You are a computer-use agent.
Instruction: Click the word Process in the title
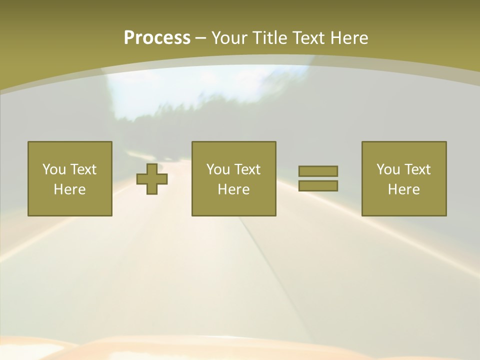click(x=157, y=38)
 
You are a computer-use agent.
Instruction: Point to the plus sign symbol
click(x=152, y=178)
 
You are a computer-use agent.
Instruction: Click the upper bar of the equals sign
click(x=318, y=171)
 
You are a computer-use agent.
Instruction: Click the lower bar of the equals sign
click(x=318, y=185)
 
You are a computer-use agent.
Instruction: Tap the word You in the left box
click(x=54, y=169)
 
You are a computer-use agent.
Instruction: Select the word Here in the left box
click(x=69, y=189)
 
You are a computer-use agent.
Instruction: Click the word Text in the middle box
click(x=247, y=169)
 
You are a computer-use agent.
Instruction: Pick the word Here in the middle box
click(x=233, y=189)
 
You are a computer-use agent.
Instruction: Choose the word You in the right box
click(x=388, y=169)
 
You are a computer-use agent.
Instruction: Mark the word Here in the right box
click(x=403, y=189)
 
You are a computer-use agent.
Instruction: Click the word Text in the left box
click(x=83, y=169)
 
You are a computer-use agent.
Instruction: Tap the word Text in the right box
click(x=417, y=169)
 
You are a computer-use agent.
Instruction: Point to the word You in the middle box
click(x=218, y=169)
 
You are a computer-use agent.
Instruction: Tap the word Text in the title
click(x=308, y=38)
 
